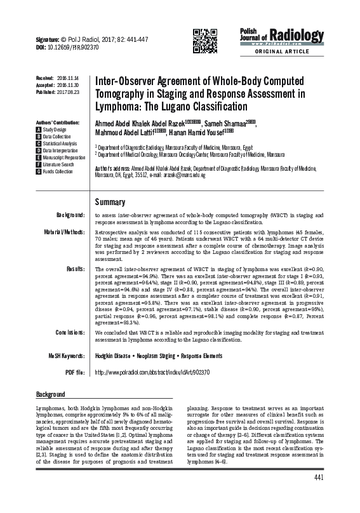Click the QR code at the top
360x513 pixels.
coord(203,40)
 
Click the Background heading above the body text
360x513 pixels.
coord(51,394)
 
